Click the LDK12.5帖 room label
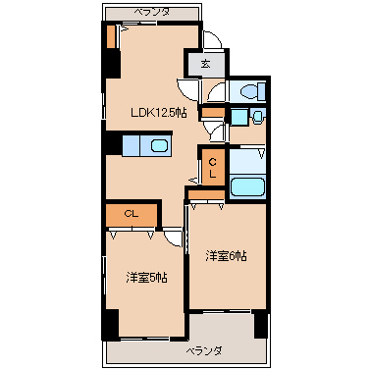click(159, 114)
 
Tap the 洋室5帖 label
click(147, 278)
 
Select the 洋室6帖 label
click(226, 256)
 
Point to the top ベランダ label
click(152, 13)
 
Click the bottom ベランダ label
click(205, 351)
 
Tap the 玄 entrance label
click(205, 64)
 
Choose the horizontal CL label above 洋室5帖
click(132, 214)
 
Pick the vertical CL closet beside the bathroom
click(213, 168)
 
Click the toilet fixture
click(252, 90)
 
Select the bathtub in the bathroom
click(247, 187)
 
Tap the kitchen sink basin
click(160, 145)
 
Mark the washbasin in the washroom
click(258, 117)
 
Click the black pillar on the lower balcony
click(261, 325)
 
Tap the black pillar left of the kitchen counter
click(112, 143)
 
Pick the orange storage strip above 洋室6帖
click(207, 195)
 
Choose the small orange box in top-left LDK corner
click(111, 36)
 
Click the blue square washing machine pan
click(239, 118)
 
